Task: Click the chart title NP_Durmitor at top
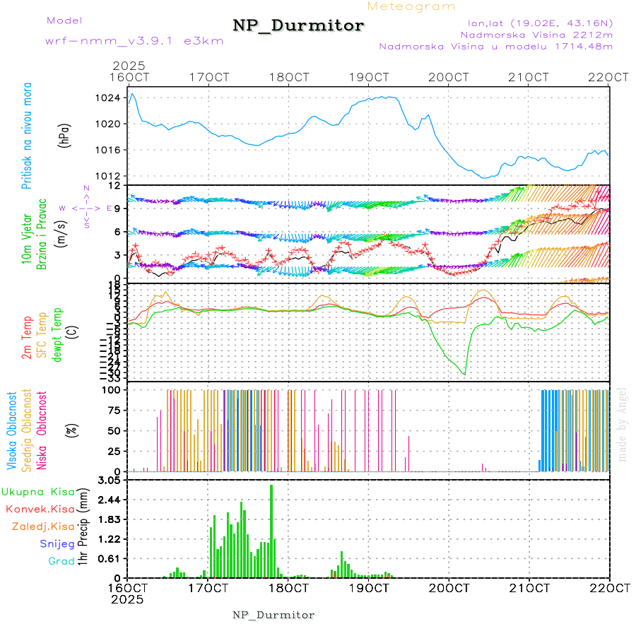click(x=298, y=26)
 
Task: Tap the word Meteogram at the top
click(x=411, y=6)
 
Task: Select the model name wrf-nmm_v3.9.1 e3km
click(x=134, y=41)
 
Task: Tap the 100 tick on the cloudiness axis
click(x=113, y=389)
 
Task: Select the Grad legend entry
click(x=61, y=562)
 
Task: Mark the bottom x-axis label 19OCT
click(x=370, y=588)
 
